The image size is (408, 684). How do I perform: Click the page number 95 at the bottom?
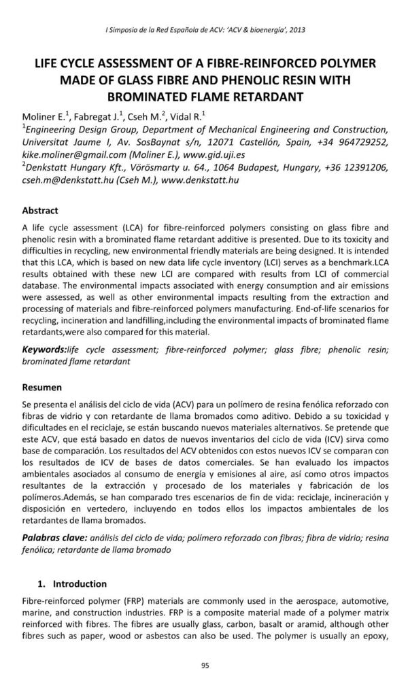pyautogui.click(x=204, y=665)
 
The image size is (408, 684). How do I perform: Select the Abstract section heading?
pyautogui.click(x=40, y=211)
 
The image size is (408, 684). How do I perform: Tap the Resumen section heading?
pyautogui.click(x=41, y=387)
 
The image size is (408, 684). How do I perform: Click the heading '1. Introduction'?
pyautogui.click(x=71, y=583)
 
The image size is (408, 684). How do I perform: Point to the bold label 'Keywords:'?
pyautogui.click(x=44, y=349)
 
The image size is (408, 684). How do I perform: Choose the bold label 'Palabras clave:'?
pyautogui.click(x=54, y=537)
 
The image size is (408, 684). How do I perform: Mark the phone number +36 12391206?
pyautogui.click(x=354, y=167)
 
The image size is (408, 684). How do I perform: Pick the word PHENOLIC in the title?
pyautogui.click(x=254, y=80)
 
